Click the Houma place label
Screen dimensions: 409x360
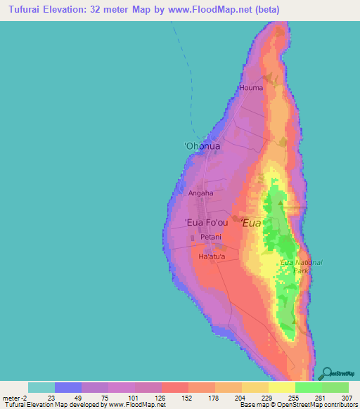tap(251, 88)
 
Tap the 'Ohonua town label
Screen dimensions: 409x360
tap(202, 146)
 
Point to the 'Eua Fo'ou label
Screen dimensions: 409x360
tap(206, 223)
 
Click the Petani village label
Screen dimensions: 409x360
tap(211, 237)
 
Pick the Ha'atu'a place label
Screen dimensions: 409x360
tap(212, 257)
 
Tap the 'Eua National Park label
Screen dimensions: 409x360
tap(301, 266)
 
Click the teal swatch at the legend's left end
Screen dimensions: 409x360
tap(41, 387)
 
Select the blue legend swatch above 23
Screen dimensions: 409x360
tap(68, 387)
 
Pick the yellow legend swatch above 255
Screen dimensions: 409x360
tap(282, 387)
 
